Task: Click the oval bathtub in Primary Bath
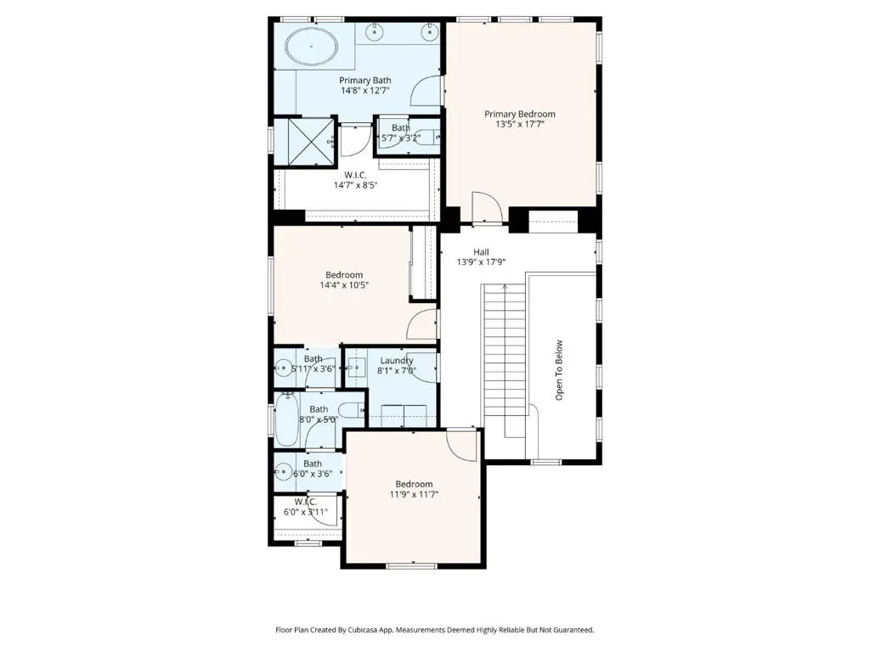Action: pos(311,47)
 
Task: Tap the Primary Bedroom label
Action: pos(519,115)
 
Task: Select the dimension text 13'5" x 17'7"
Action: pos(519,124)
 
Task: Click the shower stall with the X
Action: pos(304,142)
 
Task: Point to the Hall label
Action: pos(481,251)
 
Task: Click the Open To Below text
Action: pos(559,370)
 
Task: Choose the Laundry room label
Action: pos(396,361)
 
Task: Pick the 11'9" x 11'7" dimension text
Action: pos(414,494)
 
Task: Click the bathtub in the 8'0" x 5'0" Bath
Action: pos(286,419)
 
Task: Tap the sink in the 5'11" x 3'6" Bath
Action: pos(283,367)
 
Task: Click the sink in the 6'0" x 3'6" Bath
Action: pos(283,472)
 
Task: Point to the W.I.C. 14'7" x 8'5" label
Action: pos(355,180)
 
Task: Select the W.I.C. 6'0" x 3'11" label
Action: pos(306,508)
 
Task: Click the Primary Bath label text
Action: pos(365,81)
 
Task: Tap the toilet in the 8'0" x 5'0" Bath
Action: pos(349,410)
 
